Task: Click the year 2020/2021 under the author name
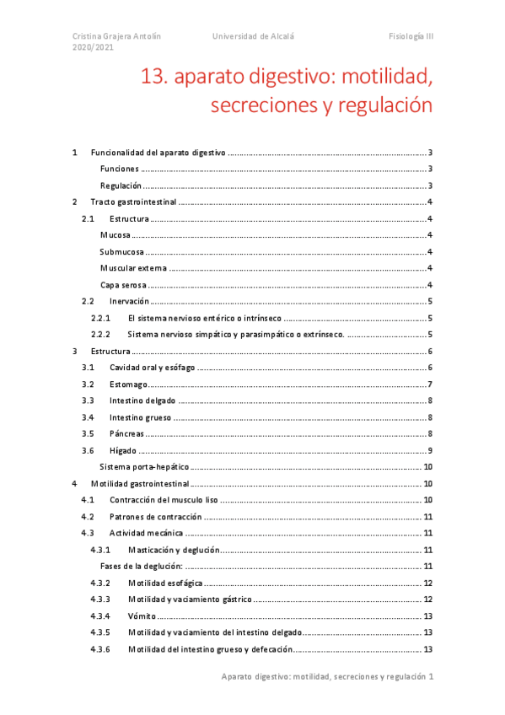93,48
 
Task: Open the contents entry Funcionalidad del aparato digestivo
158,153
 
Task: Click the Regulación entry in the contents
121,185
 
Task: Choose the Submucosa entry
121,251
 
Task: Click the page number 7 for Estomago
430,384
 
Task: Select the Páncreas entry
126,433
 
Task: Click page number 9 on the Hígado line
430,450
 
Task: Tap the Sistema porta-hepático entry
143,466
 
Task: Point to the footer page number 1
431,676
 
